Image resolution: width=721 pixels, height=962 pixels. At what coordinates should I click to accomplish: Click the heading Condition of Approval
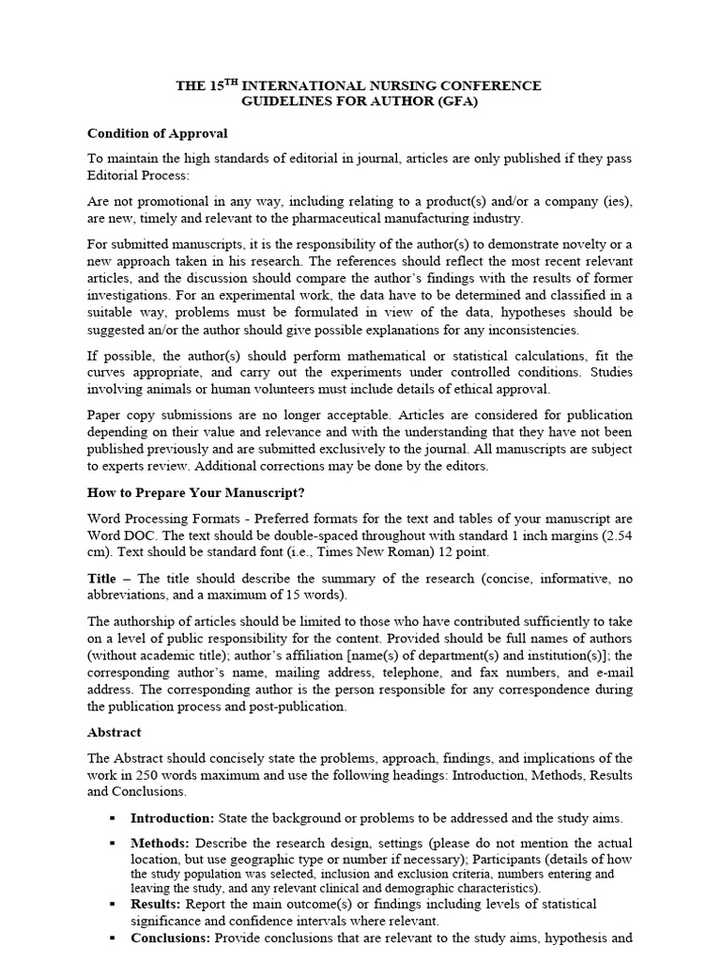coord(158,133)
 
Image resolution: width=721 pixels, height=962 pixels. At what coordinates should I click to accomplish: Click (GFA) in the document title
coord(456,101)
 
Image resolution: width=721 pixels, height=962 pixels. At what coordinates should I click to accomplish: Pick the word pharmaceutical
coord(343,218)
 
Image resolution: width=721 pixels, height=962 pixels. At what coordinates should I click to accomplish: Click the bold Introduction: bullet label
coord(172,817)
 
